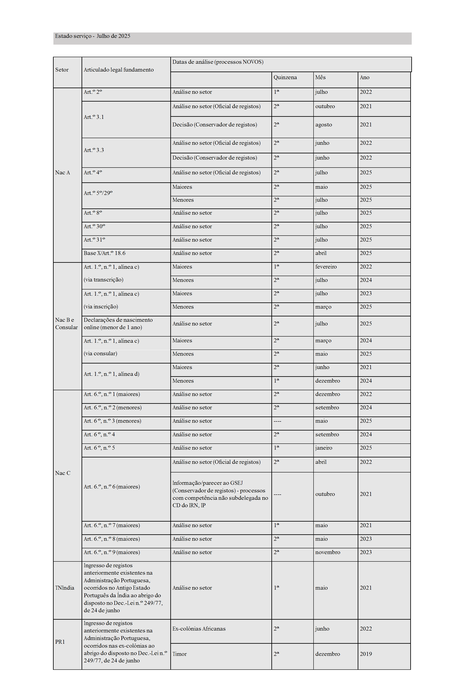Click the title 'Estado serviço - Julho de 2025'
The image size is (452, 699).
[93, 36]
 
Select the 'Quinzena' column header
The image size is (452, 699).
[285, 77]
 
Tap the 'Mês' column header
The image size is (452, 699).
[320, 77]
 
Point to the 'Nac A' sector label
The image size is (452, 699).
[62, 172]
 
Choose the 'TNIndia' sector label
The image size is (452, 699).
[65, 588]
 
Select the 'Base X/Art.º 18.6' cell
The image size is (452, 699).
[105, 253]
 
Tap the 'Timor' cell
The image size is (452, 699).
[180, 654]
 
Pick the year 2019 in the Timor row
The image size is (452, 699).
[366, 654]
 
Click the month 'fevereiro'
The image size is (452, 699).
[326, 267]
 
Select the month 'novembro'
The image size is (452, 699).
[327, 552]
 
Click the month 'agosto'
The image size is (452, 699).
[323, 125]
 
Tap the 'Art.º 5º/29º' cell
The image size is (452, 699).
[98, 193]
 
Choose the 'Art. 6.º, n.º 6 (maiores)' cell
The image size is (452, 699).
[112, 487]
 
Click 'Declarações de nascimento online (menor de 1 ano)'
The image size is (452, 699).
[118, 324]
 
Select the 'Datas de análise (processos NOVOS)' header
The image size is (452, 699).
[218, 62]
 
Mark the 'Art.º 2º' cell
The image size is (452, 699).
[93, 92]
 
